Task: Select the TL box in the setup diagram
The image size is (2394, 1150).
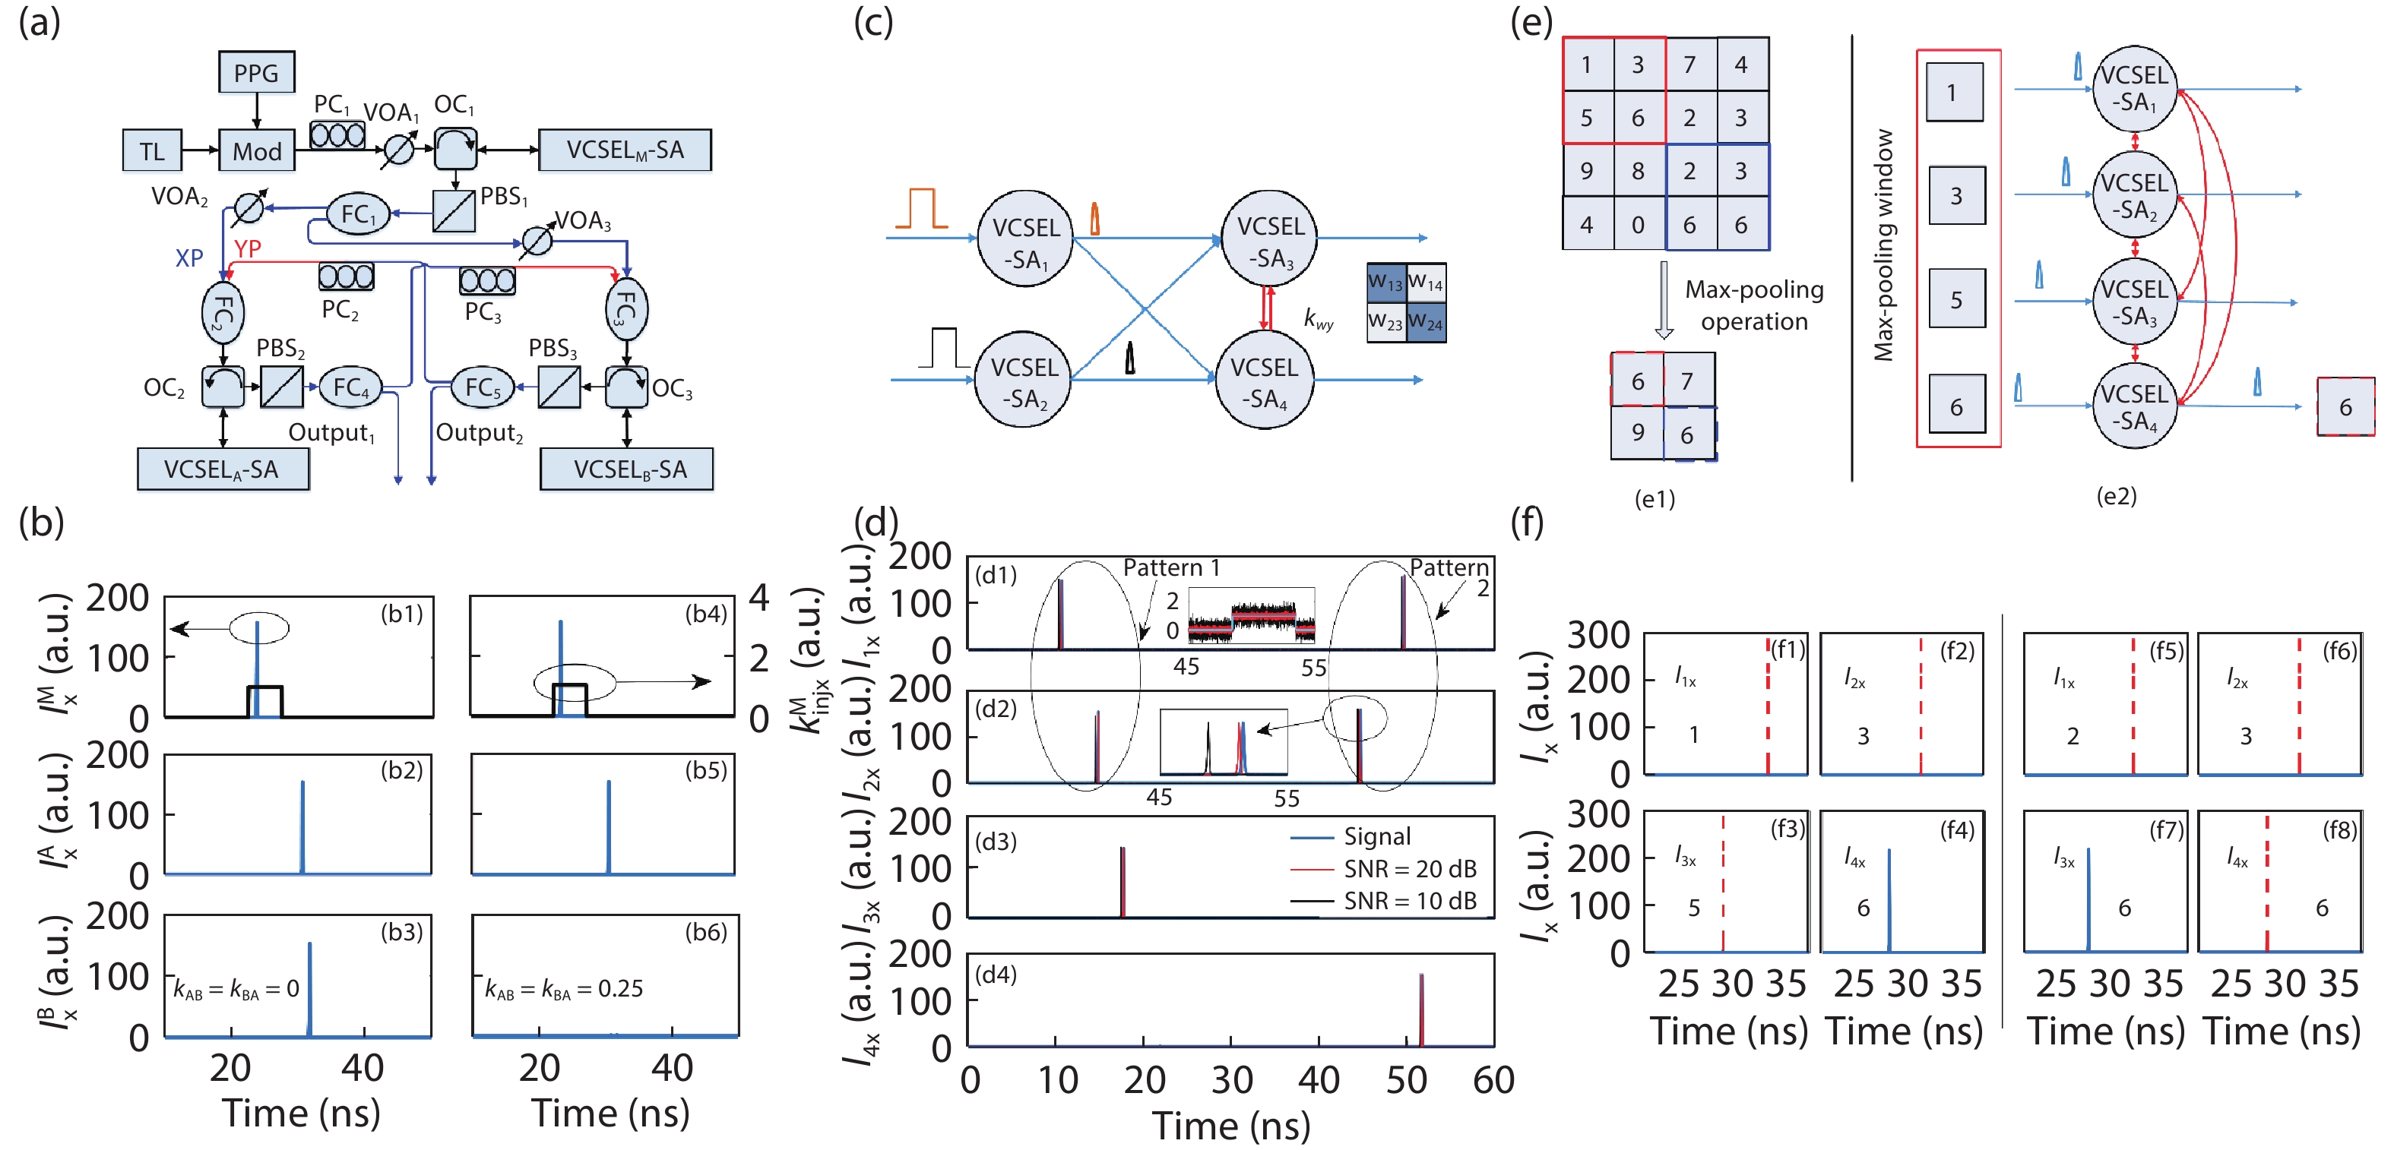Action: pyautogui.click(x=151, y=150)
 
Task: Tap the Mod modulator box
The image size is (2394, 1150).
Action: pyautogui.click(x=257, y=150)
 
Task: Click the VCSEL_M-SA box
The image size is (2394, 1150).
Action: pyautogui.click(x=625, y=150)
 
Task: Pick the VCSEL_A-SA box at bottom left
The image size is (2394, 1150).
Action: pyautogui.click(x=222, y=469)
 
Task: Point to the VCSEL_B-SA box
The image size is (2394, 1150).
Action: pyautogui.click(x=627, y=469)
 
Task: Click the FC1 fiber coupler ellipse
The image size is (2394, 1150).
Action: pyautogui.click(x=358, y=214)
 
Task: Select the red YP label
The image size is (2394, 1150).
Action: pyautogui.click(x=247, y=248)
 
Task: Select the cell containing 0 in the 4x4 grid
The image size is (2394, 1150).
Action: pyautogui.click(x=1638, y=225)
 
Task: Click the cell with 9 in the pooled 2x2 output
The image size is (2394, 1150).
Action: pyautogui.click(x=1638, y=433)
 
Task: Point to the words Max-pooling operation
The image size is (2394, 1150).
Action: pyautogui.click(x=1753, y=305)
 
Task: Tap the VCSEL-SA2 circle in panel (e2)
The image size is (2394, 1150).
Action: pyautogui.click(x=2135, y=195)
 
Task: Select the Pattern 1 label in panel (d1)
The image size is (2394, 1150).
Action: pyautogui.click(x=1171, y=567)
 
